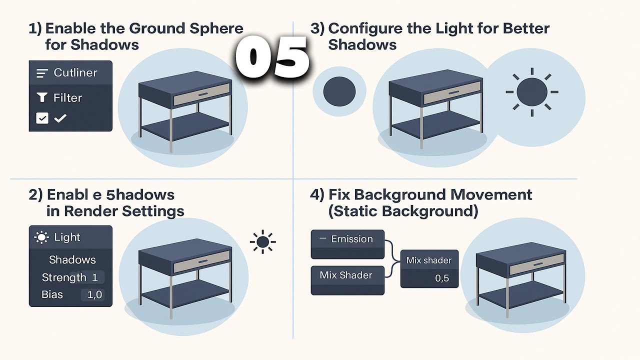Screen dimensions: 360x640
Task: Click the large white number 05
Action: [272, 57]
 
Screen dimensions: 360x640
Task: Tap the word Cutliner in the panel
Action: [75, 73]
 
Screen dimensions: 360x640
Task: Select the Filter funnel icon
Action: [41, 97]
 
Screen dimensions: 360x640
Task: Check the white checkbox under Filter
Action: [42, 118]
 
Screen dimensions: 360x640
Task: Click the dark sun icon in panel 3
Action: [531, 92]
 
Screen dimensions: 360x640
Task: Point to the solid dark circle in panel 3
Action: [339, 92]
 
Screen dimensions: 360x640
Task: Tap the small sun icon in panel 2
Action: [262, 242]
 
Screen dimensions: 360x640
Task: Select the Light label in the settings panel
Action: [67, 237]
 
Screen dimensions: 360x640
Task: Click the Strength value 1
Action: [94, 277]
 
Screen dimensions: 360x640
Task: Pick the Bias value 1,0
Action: [94, 294]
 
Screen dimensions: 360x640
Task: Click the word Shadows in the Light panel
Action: [72, 259]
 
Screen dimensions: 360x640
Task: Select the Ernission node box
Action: [347, 243]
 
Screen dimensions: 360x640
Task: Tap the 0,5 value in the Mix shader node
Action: [442, 278]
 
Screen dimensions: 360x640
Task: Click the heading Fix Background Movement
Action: [430, 194]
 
